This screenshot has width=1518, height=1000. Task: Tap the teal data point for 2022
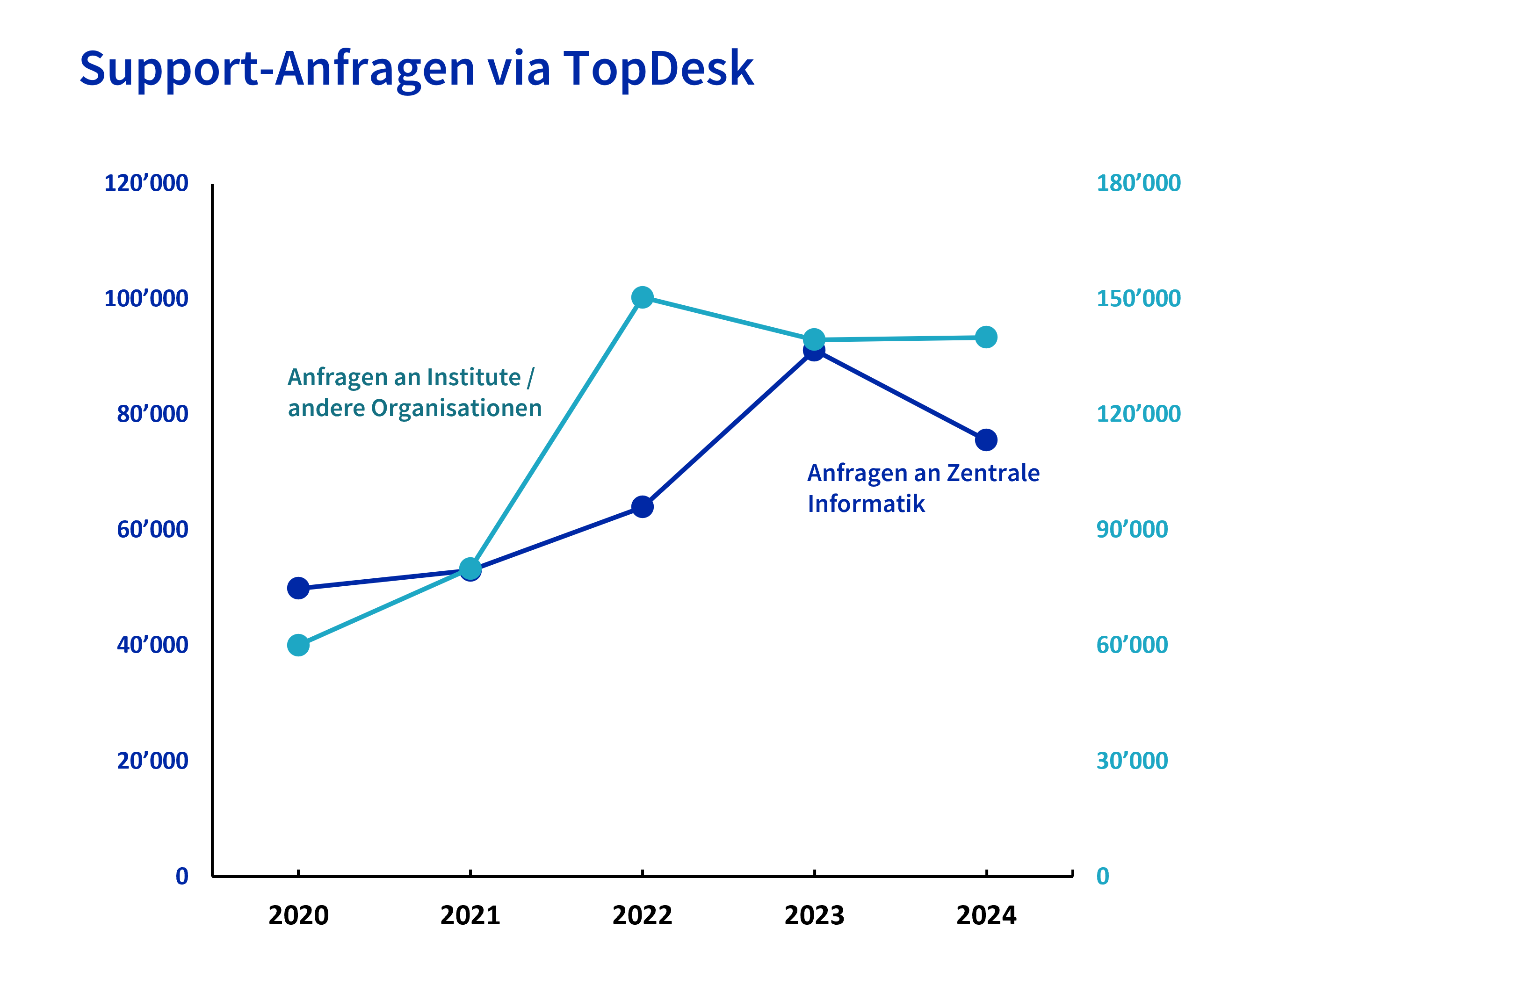[x=642, y=297]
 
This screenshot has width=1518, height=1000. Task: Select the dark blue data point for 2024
[x=986, y=440]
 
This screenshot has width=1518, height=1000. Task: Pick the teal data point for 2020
[x=298, y=646]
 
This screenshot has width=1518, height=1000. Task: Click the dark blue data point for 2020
[x=298, y=588]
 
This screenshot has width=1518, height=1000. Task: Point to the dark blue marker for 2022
[x=642, y=507]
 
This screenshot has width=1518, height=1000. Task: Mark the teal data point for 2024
[x=986, y=338]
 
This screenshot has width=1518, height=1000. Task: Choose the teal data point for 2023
[x=814, y=339]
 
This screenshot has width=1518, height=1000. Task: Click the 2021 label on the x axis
[x=470, y=916]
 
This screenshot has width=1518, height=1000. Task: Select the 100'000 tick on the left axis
[x=146, y=298]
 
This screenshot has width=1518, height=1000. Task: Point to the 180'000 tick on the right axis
[x=1138, y=183]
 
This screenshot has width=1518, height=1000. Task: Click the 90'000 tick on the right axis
[x=1131, y=529]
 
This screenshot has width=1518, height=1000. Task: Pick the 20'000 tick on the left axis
[x=152, y=761]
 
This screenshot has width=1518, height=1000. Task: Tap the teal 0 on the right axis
[x=1103, y=876]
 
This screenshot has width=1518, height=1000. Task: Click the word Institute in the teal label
[x=474, y=378]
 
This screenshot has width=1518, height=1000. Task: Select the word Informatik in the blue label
[x=866, y=504]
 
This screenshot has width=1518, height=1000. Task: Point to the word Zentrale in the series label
[x=993, y=473]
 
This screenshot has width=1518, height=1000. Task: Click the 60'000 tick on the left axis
[x=152, y=529]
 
